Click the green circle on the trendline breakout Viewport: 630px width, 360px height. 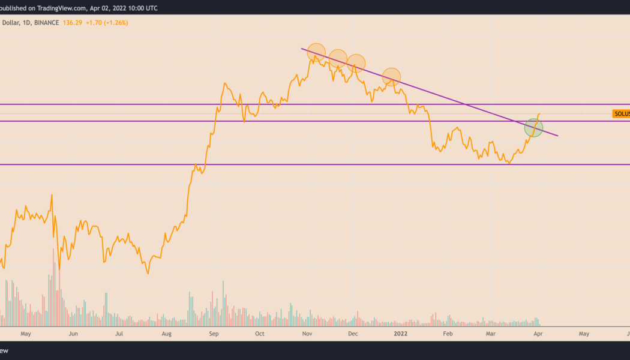pyautogui.click(x=533, y=128)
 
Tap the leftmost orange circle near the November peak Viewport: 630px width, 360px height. pyautogui.click(x=316, y=52)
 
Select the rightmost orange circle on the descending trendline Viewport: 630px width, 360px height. pyautogui.click(x=392, y=76)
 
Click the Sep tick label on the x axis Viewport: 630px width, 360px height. pyautogui.click(x=214, y=334)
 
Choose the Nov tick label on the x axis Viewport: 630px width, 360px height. pyautogui.click(x=307, y=334)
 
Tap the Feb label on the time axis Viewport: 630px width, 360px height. pyautogui.click(x=446, y=334)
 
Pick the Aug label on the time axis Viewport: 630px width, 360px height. pyautogui.click(x=167, y=334)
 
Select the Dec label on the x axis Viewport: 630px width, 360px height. pyautogui.click(x=353, y=334)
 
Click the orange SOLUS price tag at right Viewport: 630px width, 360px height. pyautogui.click(x=621, y=114)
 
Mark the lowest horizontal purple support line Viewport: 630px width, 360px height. pyautogui.click(x=300, y=164)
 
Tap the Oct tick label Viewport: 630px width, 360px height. pyautogui.click(x=260, y=334)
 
